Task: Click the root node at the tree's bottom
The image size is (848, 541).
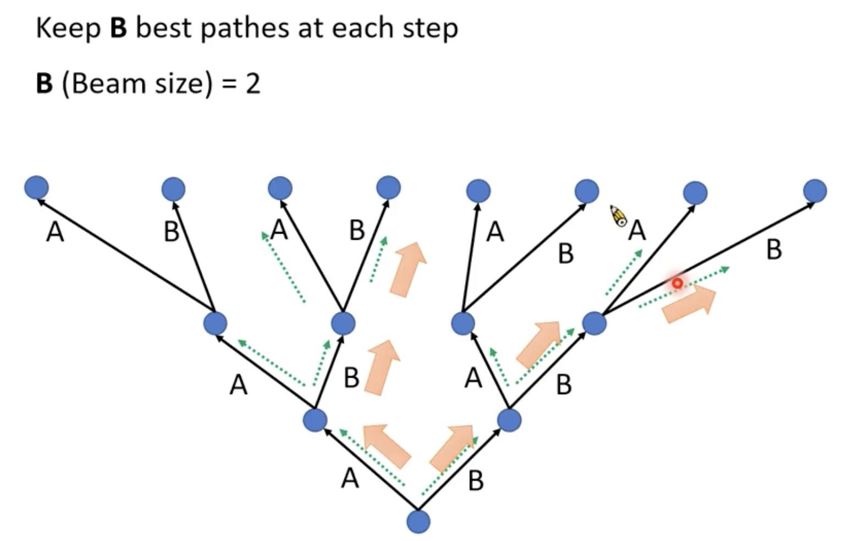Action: pyautogui.click(x=418, y=521)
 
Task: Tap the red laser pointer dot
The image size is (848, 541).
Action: pyautogui.click(x=678, y=283)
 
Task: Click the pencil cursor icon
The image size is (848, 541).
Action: pyautogui.click(x=619, y=216)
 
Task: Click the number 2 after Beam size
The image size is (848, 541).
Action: pyautogui.click(x=253, y=84)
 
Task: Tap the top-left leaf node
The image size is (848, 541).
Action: pyautogui.click(x=36, y=187)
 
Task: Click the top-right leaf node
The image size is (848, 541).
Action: pyautogui.click(x=814, y=191)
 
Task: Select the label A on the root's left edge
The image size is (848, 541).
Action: pyautogui.click(x=350, y=478)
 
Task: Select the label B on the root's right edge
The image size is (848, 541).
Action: pyautogui.click(x=476, y=481)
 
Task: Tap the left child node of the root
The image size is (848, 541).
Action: pyautogui.click(x=315, y=421)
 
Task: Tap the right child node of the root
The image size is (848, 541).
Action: pyautogui.click(x=509, y=421)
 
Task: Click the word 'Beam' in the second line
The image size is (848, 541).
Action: pyautogui.click(x=108, y=84)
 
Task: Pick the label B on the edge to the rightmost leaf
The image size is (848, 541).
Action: pyautogui.click(x=774, y=250)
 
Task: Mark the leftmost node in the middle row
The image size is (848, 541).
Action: pyautogui.click(x=215, y=323)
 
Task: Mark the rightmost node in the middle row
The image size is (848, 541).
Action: pyautogui.click(x=594, y=323)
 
